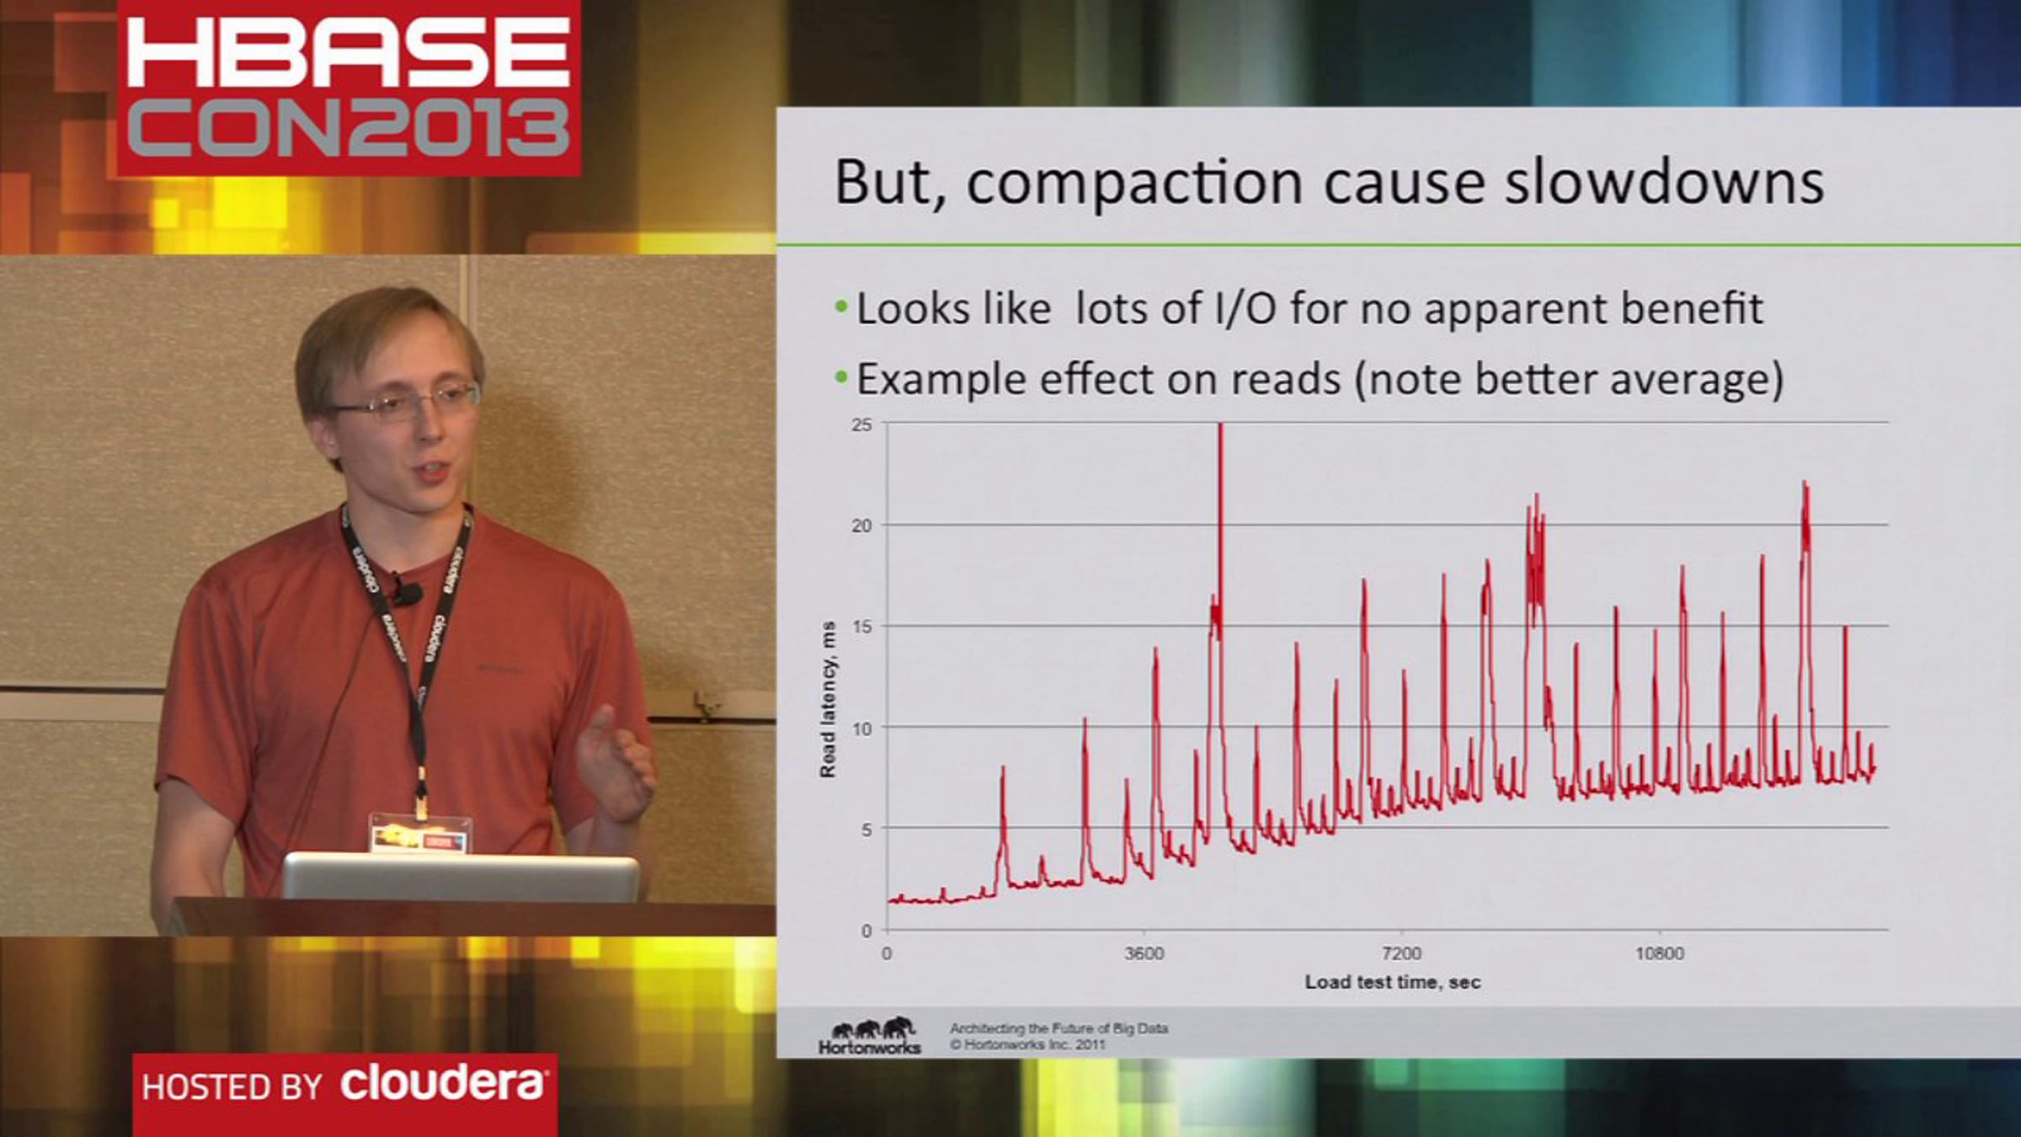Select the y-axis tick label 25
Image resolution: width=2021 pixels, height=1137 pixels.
click(x=861, y=424)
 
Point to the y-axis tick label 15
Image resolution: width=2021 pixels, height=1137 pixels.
click(x=861, y=627)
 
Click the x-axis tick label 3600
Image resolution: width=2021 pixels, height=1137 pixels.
click(x=1144, y=953)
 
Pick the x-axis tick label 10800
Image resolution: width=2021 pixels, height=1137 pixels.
click(x=1659, y=953)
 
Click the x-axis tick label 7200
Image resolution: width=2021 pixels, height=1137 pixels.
click(x=1401, y=953)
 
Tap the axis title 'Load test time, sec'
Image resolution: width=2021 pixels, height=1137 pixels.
click(x=1392, y=982)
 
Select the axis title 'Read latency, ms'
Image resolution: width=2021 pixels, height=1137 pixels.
click(x=828, y=699)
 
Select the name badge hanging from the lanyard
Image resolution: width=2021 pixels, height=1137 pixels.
click(x=419, y=834)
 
